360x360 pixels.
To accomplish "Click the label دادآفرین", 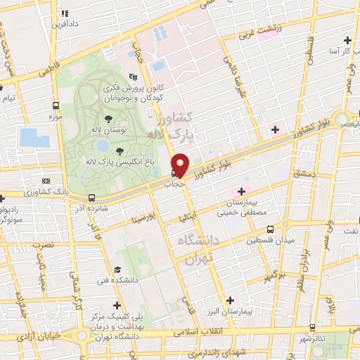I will [x=63, y=23].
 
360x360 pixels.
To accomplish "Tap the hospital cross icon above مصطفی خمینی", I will [x=241, y=191].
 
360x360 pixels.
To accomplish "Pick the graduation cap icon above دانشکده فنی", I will [x=117, y=269].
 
